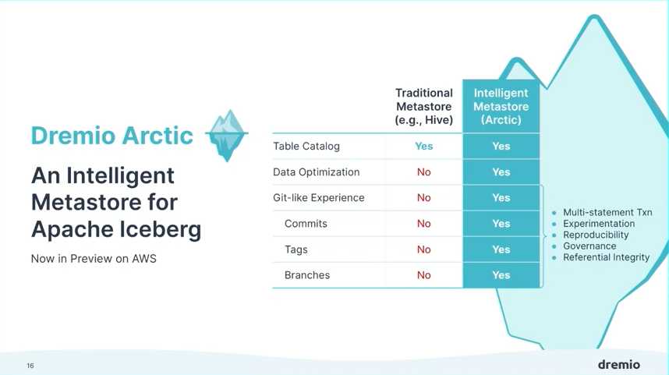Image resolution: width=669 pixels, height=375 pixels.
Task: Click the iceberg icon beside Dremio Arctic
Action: click(227, 135)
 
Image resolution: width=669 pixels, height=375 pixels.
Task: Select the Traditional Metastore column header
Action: click(423, 106)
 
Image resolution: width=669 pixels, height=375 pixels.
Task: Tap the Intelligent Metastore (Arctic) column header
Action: click(501, 106)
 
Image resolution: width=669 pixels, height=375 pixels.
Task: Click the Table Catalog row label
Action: click(306, 146)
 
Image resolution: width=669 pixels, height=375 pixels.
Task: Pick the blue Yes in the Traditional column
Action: click(423, 146)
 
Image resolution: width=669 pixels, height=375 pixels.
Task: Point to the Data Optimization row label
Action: click(316, 172)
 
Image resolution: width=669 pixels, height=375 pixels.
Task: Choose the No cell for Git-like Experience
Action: click(423, 197)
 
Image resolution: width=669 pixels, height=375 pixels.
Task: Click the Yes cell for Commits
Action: click(501, 224)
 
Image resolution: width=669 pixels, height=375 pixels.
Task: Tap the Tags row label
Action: click(296, 249)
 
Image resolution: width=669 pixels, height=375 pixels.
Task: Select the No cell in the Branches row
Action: click(423, 275)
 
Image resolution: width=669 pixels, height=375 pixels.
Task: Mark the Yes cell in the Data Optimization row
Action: click(501, 172)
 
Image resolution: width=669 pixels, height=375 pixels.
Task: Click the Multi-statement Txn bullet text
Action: click(607, 213)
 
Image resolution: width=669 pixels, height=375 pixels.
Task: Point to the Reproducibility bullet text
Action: click(596, 235)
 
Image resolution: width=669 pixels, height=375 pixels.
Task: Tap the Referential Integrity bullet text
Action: click(607, 257)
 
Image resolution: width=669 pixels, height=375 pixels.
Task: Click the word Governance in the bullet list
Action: click(589, 246)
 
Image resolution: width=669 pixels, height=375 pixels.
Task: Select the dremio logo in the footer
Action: click(618, 364)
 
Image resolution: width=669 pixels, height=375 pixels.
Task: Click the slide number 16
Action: click(30, 366)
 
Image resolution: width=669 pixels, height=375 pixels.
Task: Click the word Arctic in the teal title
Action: click(158, 136)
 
